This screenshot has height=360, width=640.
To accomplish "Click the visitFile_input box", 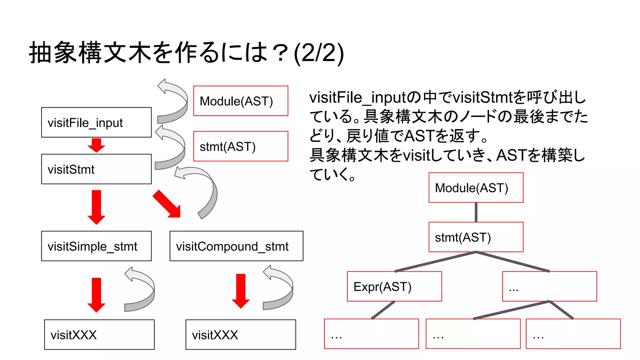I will [96, 122].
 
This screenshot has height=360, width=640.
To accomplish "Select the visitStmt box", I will [96, 169].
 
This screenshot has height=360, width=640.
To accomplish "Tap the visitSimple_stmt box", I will [96, 246].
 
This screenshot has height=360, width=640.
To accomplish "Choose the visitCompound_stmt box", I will [236, 246].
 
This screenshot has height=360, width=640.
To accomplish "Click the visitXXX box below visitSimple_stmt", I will [99, 334].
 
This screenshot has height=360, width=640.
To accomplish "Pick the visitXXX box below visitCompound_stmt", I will [241, 334].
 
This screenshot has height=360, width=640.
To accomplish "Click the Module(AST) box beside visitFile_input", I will [241, 101].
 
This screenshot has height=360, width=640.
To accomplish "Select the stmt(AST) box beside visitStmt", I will [241, 146].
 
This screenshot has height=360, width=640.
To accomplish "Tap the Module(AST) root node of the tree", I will [476, 187].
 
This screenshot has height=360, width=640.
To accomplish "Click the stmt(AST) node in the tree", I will [476, 237].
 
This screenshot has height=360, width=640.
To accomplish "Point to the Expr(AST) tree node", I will [394, 286].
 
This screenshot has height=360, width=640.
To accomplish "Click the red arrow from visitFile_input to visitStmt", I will [96, 145].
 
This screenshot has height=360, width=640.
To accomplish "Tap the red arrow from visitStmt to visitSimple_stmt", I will [96, 207].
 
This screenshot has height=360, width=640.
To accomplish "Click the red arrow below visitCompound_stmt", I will [241, 291].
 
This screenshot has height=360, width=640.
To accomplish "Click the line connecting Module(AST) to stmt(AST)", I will [476, 212].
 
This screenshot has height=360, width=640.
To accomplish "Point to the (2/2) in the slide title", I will [319, 53].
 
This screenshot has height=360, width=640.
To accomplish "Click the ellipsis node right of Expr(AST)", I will [549, 286].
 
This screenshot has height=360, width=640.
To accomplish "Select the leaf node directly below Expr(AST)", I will [371, 334].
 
